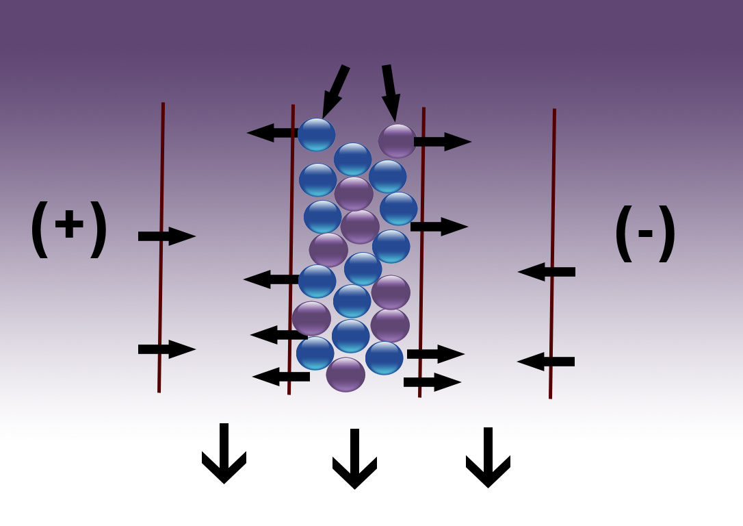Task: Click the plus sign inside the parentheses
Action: (x=69, y=223)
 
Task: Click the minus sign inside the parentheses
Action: (x=645, y=233)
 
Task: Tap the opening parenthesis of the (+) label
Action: (x=40, y=229)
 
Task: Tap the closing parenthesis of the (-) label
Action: (x=666, y=234)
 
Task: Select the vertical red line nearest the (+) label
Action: (x=161, y=247)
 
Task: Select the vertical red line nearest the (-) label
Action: (x=552, y=253)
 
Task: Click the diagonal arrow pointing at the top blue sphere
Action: (x=335, y=92)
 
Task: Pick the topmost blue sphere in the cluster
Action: (x=317, y=135)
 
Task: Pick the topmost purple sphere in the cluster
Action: (x=397, y=141)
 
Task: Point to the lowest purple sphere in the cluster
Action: (x=346, y=375)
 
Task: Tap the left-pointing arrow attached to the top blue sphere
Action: (x=273, y=133)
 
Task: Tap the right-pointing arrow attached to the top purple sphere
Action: (x=443, y=141)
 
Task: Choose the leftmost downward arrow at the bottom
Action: (x=224, y=453)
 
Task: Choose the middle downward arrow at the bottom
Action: (x=354, y=459)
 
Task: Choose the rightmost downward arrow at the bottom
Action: (x=488, y=458)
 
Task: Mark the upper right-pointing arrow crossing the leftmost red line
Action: (x=167, y=236)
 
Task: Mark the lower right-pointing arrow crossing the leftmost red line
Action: (x=167, y=349)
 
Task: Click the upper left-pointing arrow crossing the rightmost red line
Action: (x=547, y=272)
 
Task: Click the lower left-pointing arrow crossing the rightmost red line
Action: (x=546, y=362)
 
